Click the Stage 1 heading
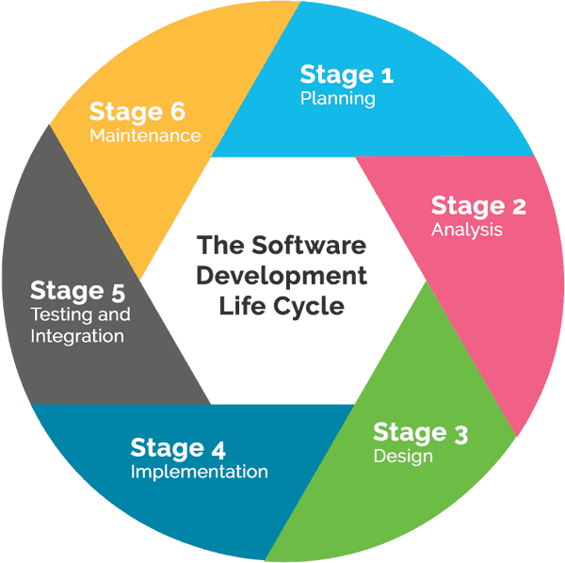click(x=347, y=75)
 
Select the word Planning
click(x=338, y=98)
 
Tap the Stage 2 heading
click(x=478, y=206)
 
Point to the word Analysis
click(x=467, y=230)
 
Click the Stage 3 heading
click(x=421, y=432)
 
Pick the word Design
click(x=403, y=456)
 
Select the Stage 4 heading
click(x=178, y=448)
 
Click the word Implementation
click(x=200, y=472)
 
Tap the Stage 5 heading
click(x=78, y=291)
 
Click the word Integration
click(x=77, y=336)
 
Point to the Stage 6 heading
click(x=137, y=112)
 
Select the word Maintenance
click(x=145, y=136)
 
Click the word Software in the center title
click(x=309, y=245)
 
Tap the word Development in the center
click(x=282, y=276)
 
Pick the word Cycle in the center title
click(x=309, y=307)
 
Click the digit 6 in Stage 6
click(x=178, y=112)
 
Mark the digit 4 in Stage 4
click(x=218, y=449)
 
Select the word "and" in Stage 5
click(x=114, y=314)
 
